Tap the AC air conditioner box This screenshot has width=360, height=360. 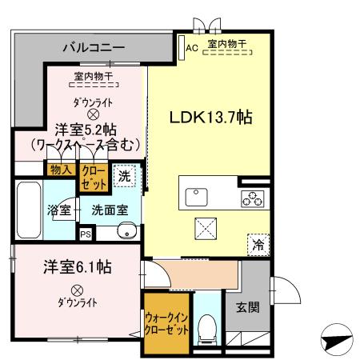(x=191, y=46)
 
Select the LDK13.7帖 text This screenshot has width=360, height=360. (x=211, y=117)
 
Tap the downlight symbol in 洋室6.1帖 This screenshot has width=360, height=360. (x=77, y=290)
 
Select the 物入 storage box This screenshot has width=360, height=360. (x=61, y=170)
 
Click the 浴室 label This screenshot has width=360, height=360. (x=58, y=211)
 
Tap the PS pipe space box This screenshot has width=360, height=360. (x=86, y=234)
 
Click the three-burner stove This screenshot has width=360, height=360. (x=250, y=198)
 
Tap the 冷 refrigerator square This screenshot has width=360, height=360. (x=258, y=246)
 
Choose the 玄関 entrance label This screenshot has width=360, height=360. (x=247, y=306)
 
